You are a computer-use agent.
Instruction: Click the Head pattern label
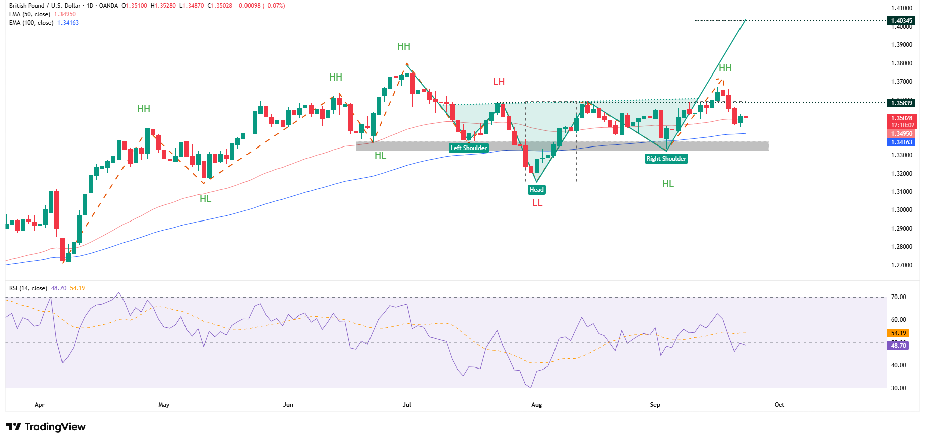[x=536, y=190]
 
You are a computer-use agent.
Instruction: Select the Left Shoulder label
[x=468, y=148]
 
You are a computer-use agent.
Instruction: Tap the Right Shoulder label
[x=666, y=159]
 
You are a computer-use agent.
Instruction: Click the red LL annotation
[x=537, y=203]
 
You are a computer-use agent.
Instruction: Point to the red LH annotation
[x=499, y=82]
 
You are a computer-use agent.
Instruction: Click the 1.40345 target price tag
[x=901, y=21]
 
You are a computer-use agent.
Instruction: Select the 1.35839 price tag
[x=901, y=103]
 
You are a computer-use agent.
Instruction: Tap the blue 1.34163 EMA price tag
[x=901, y=142]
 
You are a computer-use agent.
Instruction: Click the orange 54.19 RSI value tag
[x=898, y=333]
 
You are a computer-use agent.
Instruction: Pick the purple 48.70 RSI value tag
[x=898, y=345]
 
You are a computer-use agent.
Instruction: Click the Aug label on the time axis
[x=536, y=405]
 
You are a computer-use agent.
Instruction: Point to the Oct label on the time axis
[x=779, y=405]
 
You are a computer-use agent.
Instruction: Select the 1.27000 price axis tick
[x=901, y=265]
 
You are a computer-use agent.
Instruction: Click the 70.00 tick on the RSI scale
[x=898, y=297]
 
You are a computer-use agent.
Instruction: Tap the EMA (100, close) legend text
[x=31, y=23]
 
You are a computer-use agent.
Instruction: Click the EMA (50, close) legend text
[x=30, y=14]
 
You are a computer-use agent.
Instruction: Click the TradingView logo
[x=46, y=427]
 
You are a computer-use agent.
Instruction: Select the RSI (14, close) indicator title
[x=28, y=288]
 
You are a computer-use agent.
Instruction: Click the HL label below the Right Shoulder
[x=668, y=184]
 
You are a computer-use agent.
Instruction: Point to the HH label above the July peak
[x=403, y=47]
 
